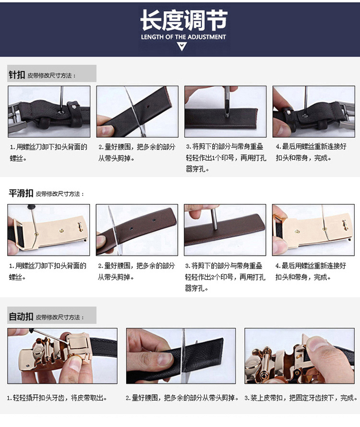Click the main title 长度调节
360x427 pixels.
184,20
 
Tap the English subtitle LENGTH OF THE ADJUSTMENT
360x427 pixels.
183,37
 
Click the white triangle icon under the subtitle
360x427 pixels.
182,46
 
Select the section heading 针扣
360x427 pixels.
17,74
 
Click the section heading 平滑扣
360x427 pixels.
21,193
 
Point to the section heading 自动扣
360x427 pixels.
21,317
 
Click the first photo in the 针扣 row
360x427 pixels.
49,111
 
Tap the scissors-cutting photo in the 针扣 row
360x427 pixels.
137,111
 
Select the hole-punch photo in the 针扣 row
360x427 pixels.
226,111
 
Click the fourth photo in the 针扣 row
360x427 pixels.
313,111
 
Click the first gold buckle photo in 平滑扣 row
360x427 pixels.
48,230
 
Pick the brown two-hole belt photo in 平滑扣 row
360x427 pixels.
137,230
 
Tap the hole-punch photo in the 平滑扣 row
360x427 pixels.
225,230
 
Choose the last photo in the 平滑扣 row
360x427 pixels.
313,230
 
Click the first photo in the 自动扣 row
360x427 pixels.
62,356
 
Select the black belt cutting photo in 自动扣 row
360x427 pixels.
181,356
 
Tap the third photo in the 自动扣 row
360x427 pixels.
300,356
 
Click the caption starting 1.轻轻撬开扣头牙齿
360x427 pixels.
57,398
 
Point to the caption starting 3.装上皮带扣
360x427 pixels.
301,398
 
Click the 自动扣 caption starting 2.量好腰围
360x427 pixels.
182,398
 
